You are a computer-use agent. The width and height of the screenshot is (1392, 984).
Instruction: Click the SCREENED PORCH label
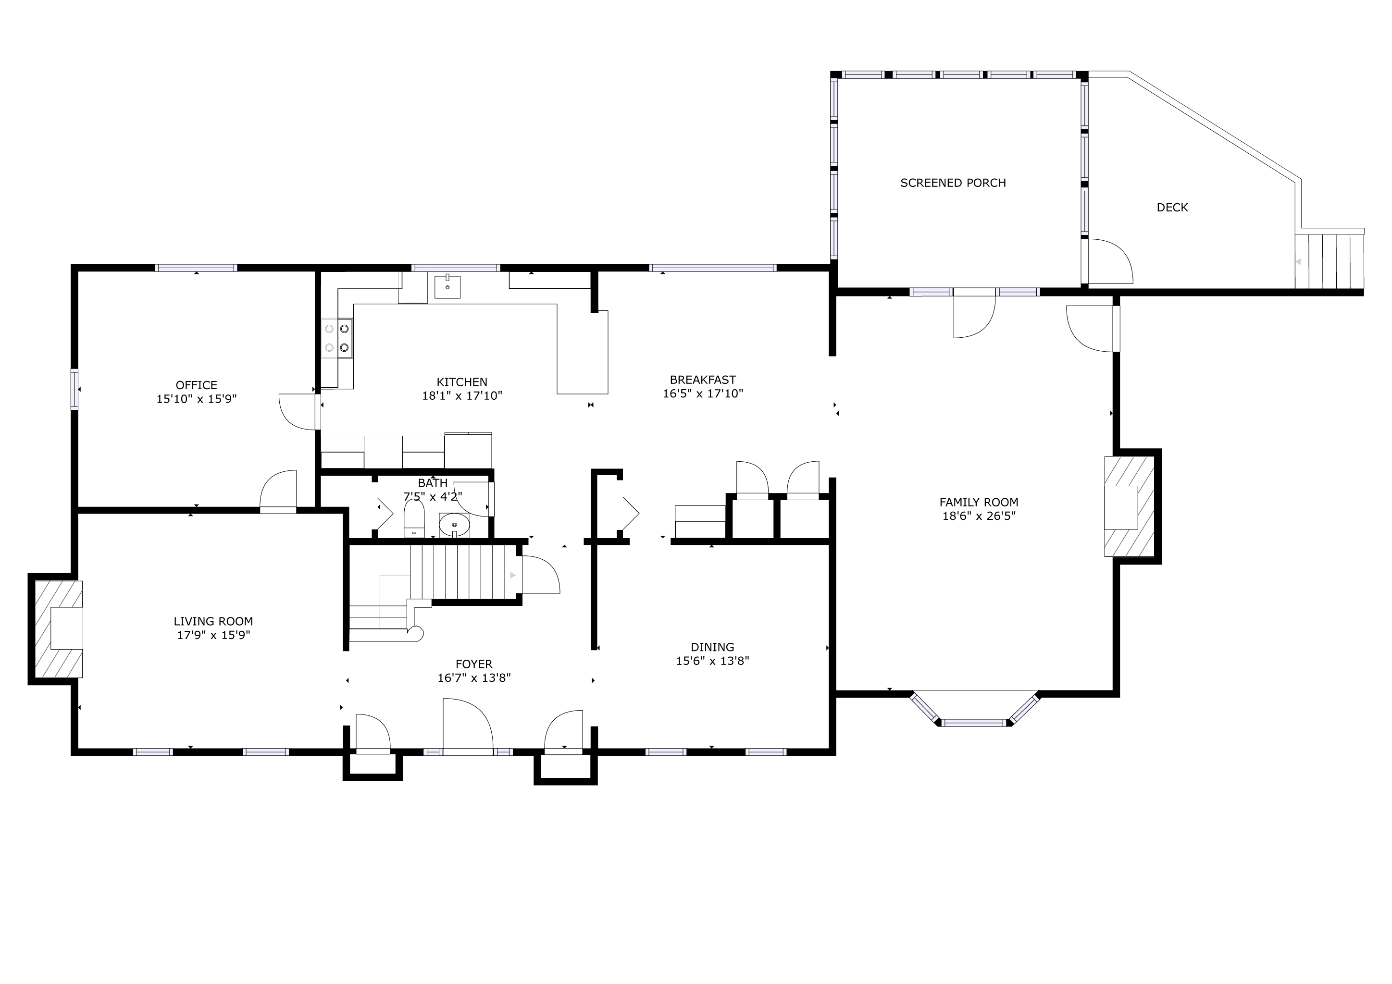(x=953, y=183)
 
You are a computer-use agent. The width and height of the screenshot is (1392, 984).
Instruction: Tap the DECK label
(x=1172, y=207)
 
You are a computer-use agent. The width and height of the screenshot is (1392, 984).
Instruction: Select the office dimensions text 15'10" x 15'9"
(x=197, y=399)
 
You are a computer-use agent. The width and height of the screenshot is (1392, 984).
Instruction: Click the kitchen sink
(x=447, y=286)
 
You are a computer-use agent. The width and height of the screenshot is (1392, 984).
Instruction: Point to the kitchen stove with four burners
(x=337, y=338)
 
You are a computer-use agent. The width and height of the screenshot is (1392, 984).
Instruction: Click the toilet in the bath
(x=414, y=519)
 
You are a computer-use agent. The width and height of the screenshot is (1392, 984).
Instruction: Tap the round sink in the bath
(x=454, y=525)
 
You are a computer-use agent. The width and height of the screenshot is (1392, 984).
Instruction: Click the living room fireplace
(x=58, y=629)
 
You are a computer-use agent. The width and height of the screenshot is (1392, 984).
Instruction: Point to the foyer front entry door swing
(x=467, y=726)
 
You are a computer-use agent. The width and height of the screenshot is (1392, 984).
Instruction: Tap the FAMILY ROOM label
(x=979, y=502)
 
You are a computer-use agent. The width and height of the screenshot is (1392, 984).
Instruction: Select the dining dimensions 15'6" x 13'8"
(x=712, y=661)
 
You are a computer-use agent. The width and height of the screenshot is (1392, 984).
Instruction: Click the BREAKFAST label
(x=703, y=380)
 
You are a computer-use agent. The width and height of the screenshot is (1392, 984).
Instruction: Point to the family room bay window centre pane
(x=974, y=722)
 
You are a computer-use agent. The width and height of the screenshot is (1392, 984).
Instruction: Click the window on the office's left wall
(x=75, y=389)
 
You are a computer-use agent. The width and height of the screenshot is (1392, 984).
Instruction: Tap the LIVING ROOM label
(x=213, y=621)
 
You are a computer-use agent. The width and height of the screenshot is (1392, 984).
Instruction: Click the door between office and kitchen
(x=299, y=412)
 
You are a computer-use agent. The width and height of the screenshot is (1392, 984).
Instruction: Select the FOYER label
(x=474, y=664)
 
